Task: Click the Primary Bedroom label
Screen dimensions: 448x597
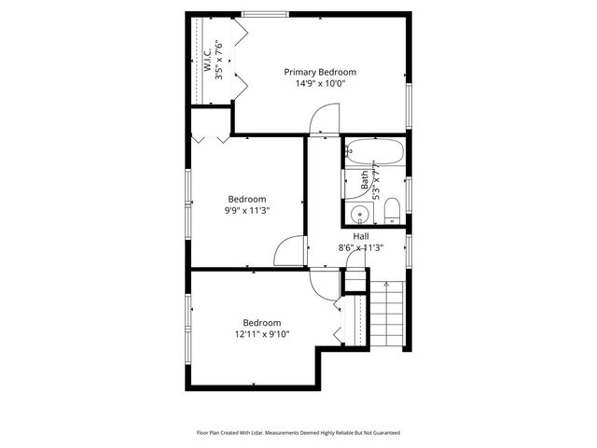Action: (320, 72)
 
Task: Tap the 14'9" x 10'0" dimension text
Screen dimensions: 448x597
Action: (320, 83)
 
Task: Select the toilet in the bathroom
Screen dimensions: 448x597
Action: (392, 209)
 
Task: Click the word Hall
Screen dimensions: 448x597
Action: (360, 236)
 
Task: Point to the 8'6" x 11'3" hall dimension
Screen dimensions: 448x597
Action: (360, 247)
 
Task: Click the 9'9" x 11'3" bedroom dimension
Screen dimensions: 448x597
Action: (247, 210)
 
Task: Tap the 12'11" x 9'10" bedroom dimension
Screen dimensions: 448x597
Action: (262, 334)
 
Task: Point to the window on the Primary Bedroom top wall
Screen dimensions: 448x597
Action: (264, 13)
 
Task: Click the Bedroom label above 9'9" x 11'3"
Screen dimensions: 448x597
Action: (247, 199)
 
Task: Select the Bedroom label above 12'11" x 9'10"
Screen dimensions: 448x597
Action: (262, 323)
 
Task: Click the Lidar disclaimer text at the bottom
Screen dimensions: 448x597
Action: (298, 432)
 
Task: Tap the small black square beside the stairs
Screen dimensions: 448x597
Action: (354, 281)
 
